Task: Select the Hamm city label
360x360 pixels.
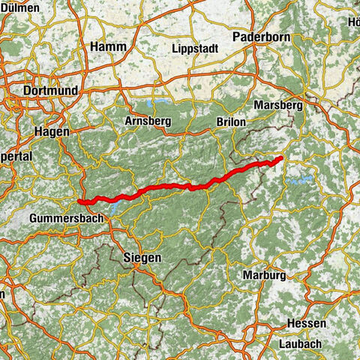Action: click(x=108, y=46)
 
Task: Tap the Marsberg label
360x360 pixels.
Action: click(x=277, y=106)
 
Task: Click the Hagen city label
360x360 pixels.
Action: click(x=52, y=131)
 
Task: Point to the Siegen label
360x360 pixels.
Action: click(x=141, y=257)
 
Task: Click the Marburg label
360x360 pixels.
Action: click(x=263, y=275)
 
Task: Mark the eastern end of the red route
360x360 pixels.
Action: click(x=280, y=158)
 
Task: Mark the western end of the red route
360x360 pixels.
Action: click(x=79, y=200)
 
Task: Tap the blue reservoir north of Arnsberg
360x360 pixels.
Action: click(x=160, y=100)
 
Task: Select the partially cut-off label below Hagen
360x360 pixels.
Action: click(x=15, y=157)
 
